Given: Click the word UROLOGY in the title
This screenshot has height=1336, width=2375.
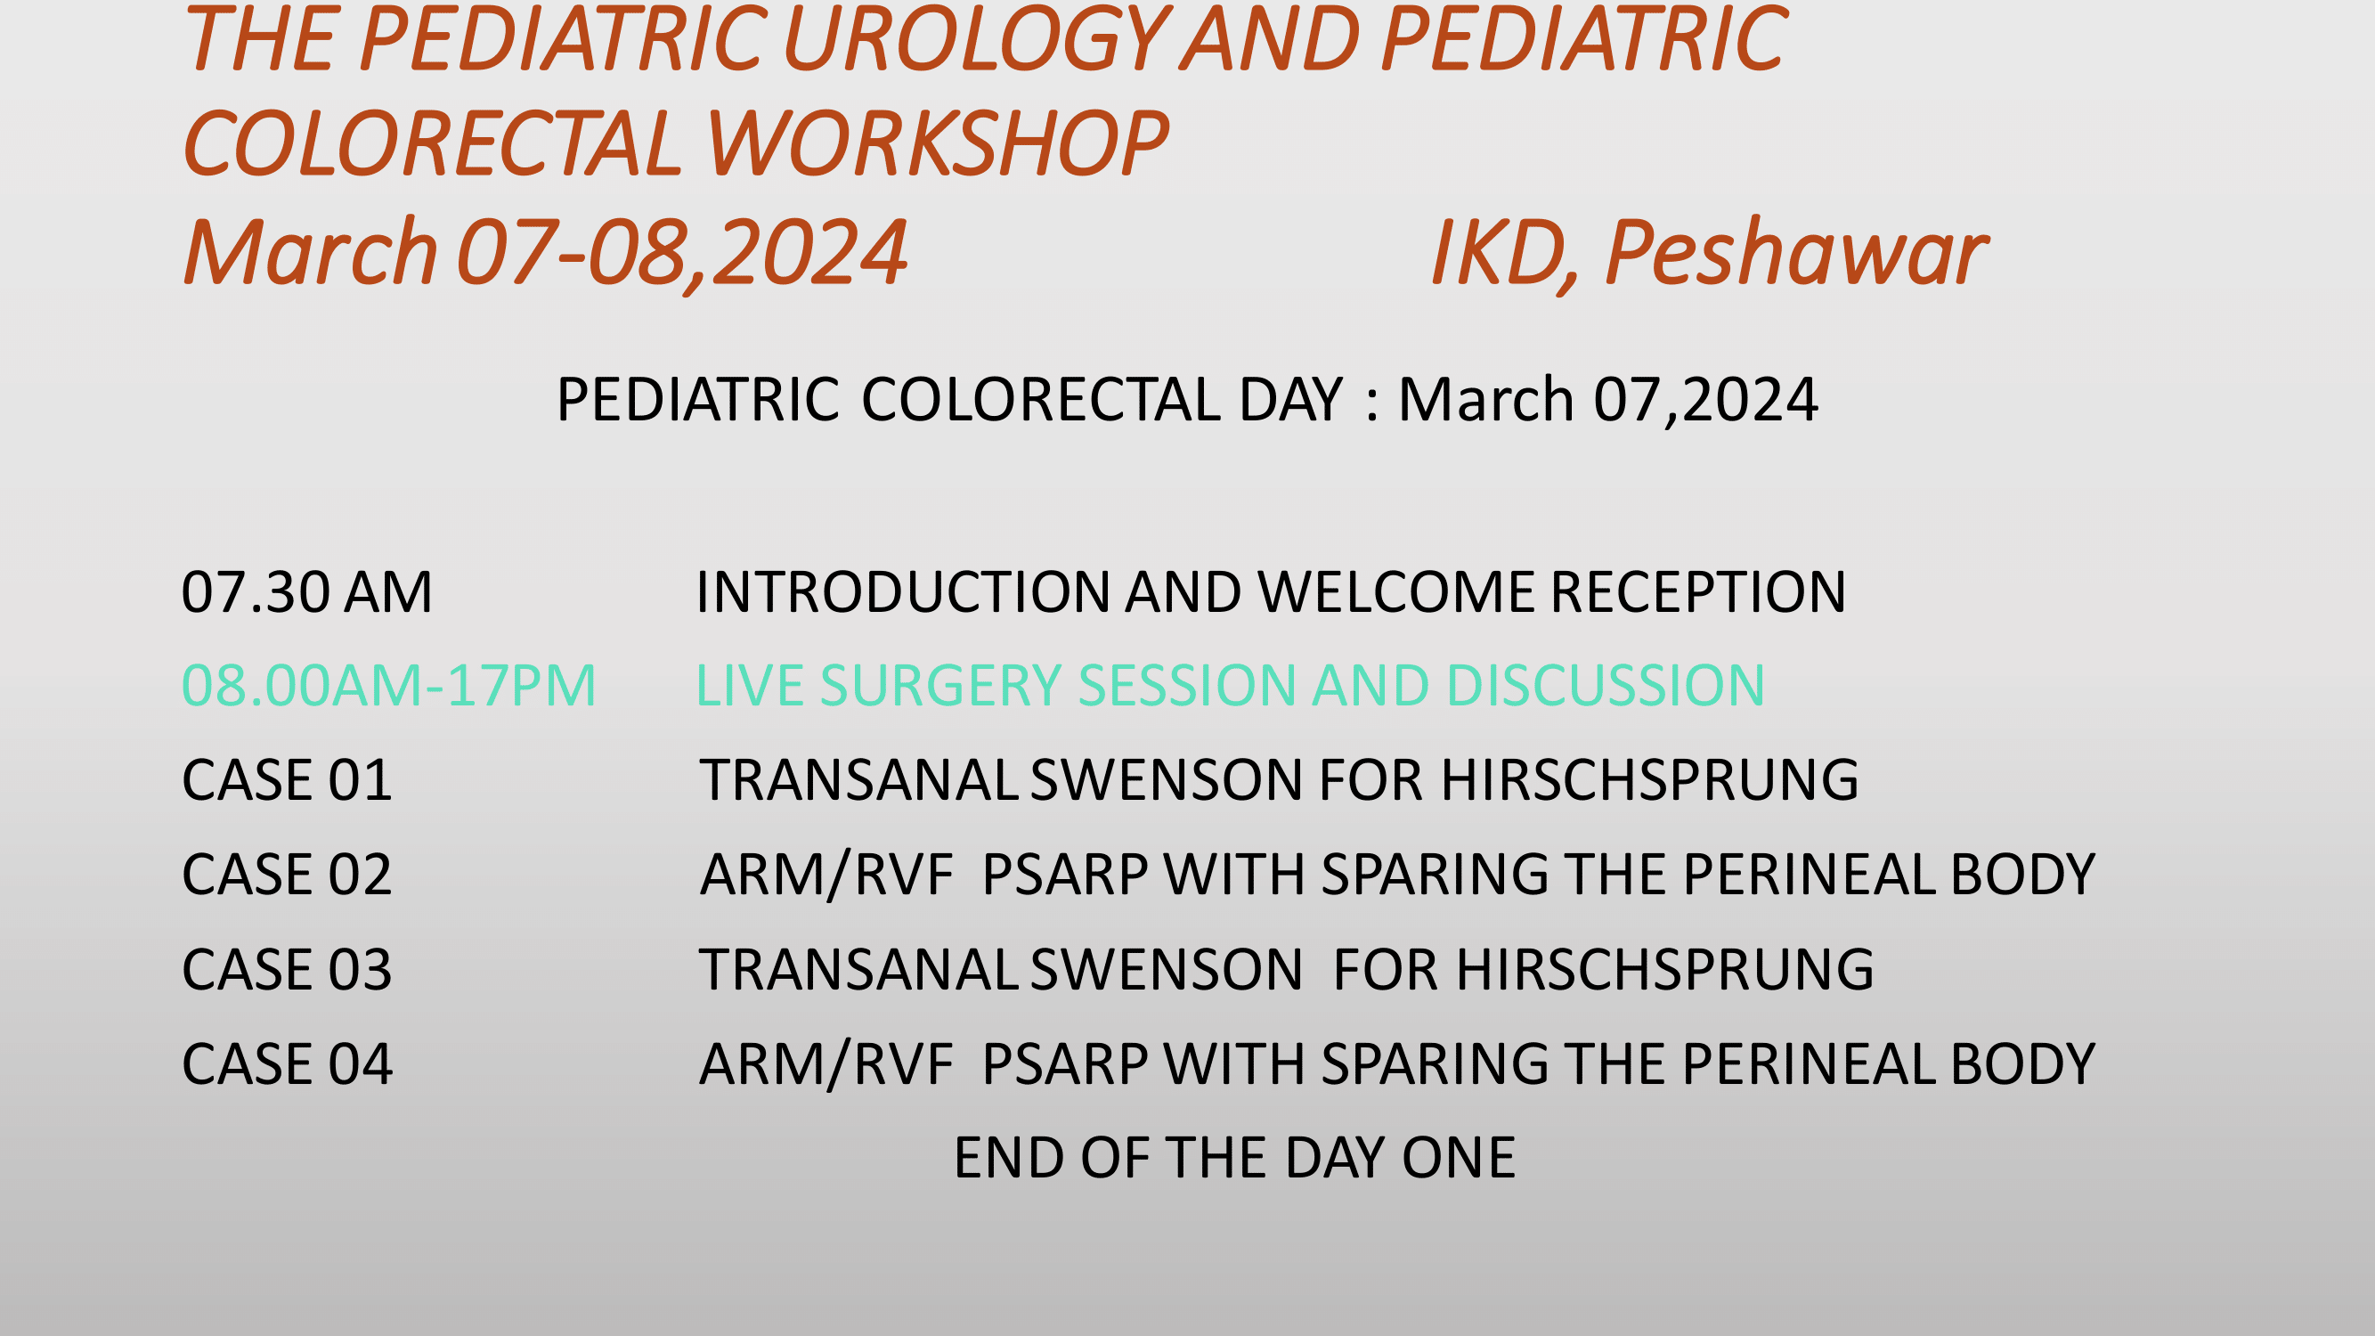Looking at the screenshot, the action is (x=977, y=41).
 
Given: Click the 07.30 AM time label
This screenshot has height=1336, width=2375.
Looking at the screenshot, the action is (x=307, y=592).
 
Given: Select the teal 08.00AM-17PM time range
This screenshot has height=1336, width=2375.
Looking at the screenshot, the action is (x=389, y=686).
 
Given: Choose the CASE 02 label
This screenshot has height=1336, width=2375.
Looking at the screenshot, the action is (x=288, y=875).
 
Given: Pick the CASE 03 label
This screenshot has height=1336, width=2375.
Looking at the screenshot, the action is (x=288, y=970).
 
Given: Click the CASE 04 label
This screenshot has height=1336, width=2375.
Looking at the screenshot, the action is (x=288, y=1065).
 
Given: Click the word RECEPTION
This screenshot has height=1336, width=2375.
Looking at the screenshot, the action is (x=1698, y=592).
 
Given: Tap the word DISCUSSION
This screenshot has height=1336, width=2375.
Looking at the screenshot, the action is (x=1606, y=686).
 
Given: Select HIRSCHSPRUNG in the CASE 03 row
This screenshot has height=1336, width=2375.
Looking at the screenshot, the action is (x=1665, y=970).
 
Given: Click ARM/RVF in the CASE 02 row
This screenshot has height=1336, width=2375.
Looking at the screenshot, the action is (x=827, y=875).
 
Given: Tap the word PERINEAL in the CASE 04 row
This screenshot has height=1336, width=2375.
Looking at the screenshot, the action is (x=1808, y=1065).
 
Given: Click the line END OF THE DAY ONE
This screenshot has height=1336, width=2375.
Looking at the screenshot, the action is (x=1234, y=1159).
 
